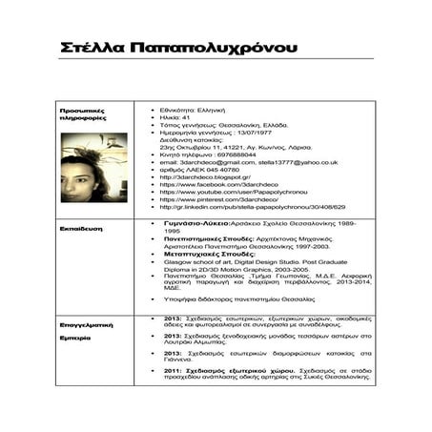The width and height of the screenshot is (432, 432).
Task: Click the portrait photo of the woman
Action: coord(93,167)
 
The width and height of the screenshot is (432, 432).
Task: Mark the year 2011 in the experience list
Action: coord(174,369)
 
